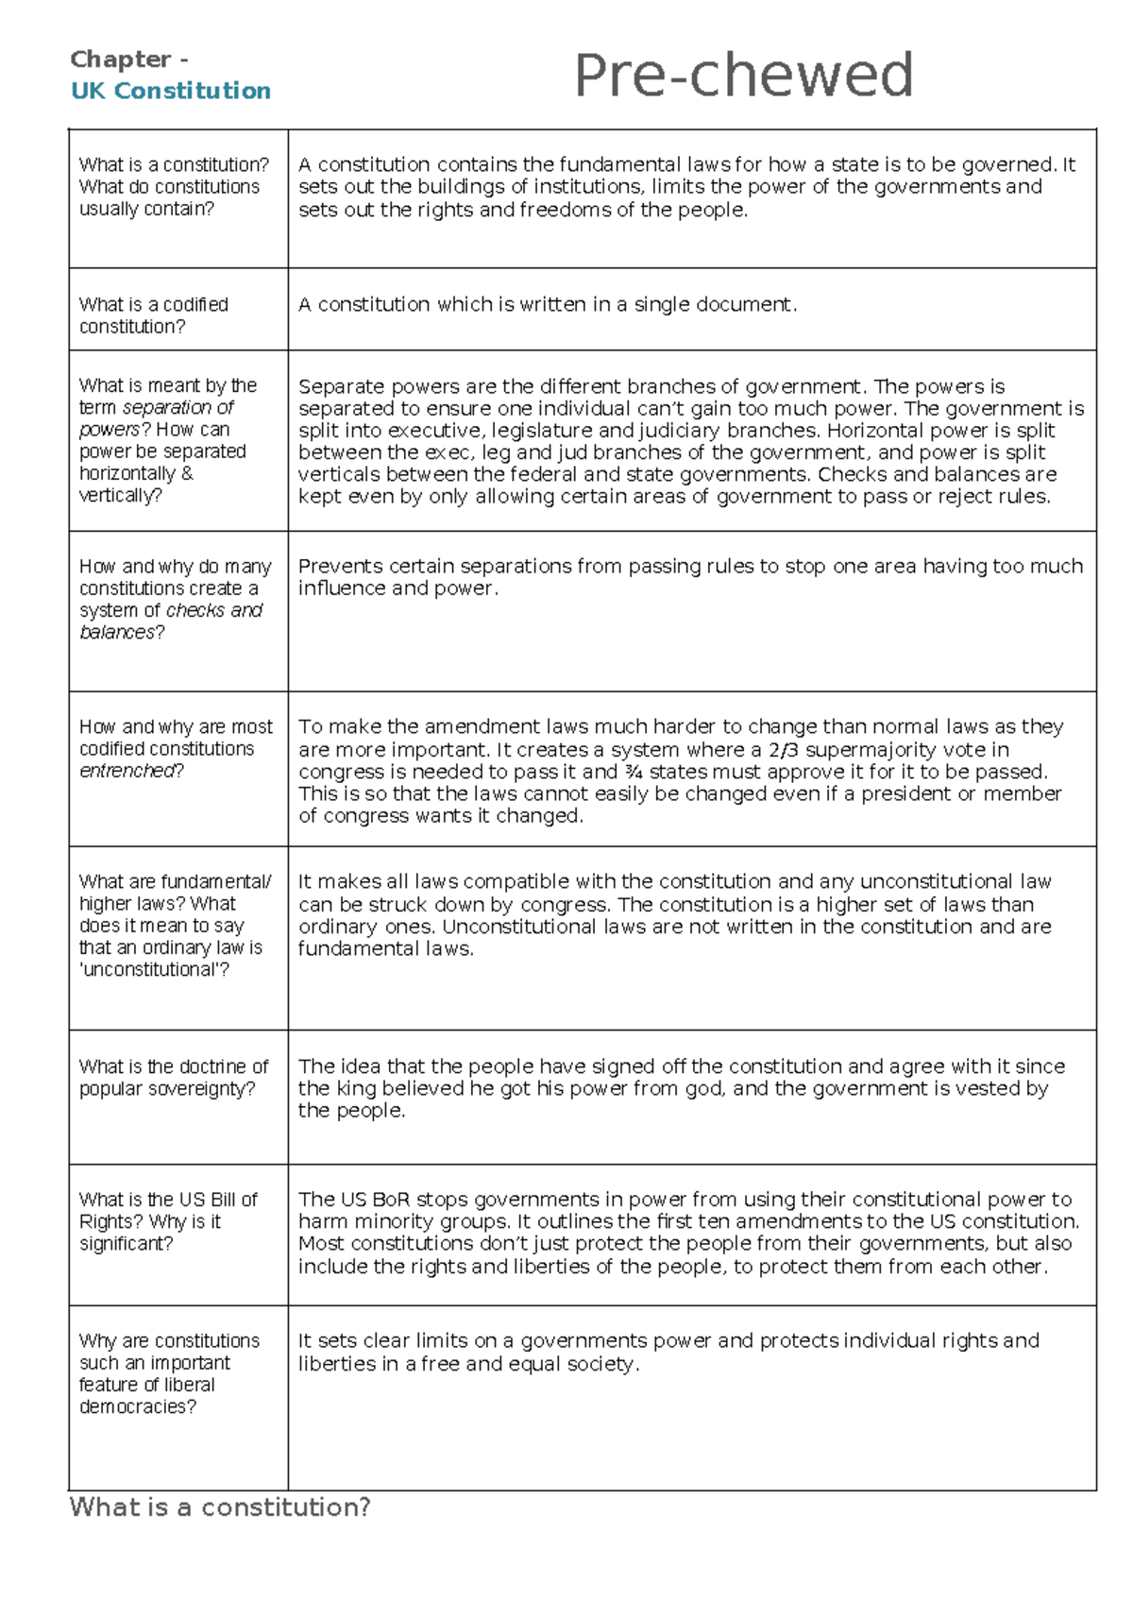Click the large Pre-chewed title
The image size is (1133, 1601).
click(743, 76)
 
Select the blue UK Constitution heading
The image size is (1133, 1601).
click(171, 91)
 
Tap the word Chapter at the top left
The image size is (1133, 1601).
click(120, 60)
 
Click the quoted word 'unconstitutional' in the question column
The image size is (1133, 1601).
click(154, 970)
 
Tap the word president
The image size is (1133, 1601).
click(910, 793)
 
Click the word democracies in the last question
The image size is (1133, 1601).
click(138, 1406)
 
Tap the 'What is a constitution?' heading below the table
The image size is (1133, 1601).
click(220, 1507)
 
